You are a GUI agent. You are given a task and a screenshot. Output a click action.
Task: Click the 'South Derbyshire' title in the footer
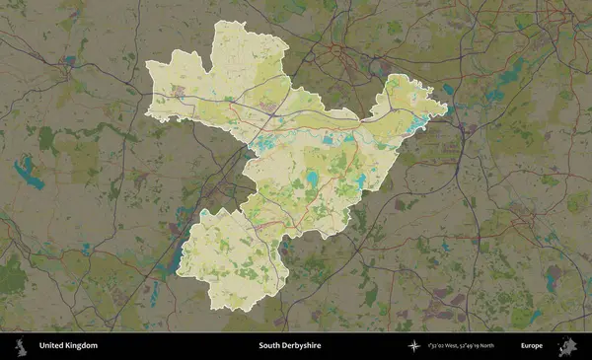[x=289, y=346]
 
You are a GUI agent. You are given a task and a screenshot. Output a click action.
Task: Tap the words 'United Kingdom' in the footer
[x=68, y=346]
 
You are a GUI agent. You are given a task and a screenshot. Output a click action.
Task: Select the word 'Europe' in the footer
[x=532, y=346]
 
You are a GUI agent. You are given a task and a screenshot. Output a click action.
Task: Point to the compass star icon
[x=413, y=346]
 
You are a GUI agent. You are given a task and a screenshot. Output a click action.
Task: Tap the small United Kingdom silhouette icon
[x=20, y=346]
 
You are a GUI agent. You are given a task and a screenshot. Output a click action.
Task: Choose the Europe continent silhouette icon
[x=567, y=346]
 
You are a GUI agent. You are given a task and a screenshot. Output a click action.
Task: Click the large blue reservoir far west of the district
[x=29, y=174]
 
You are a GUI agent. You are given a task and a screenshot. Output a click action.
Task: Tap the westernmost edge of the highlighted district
[x=147, y=67]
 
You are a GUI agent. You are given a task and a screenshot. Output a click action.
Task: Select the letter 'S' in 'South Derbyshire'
[x=261, y=346]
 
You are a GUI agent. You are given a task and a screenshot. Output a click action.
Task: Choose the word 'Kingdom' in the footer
[x=82, y=346]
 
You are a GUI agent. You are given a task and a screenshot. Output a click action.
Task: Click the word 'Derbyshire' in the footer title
[x=301, y=346]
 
